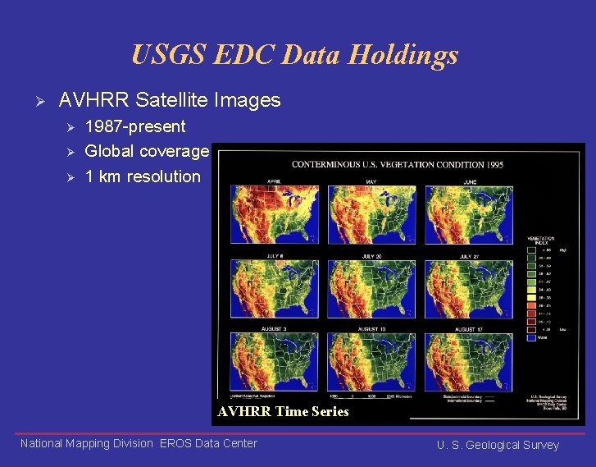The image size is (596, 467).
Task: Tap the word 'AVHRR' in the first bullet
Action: [x=93, y=101]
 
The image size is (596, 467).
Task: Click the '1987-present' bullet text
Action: [x=135, y=126]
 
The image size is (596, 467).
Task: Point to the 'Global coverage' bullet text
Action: [x=147, y=151]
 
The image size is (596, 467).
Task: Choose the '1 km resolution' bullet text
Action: [x=143, y=176]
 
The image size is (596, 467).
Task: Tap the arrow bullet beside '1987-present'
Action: [x=71, y=127]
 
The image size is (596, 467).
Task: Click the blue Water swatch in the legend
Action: [x=531, y=335]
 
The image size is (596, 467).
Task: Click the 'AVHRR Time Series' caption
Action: [x=283, y=412]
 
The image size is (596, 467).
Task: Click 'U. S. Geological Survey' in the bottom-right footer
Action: [x=498, y=445]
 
